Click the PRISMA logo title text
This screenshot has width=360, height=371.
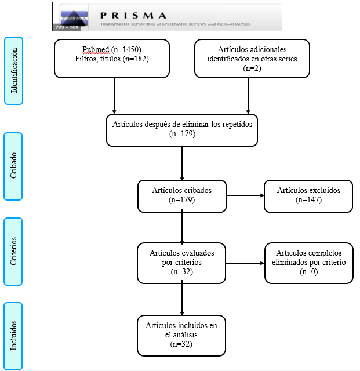[x=133, y=15]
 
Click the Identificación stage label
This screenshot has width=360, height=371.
[x=13, y=71]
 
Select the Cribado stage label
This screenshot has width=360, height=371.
[x=13, y=166]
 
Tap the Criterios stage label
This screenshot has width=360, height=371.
[x=13, y=251]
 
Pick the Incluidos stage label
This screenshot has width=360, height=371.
[x=13, y=336]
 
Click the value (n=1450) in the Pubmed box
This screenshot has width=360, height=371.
[x=125, y=49]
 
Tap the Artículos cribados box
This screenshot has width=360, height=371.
[x=182, y=195]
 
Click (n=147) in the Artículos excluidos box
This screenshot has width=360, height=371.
[x=308, y=200]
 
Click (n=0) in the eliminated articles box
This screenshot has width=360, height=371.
[x=308, y=271]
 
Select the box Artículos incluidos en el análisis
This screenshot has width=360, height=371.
[x=181, y=335]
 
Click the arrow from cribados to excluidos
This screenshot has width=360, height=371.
[x=245, y=196]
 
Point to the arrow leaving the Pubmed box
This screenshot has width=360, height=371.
[x=114, y=95]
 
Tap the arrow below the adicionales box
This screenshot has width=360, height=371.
[x=248, y=95]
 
